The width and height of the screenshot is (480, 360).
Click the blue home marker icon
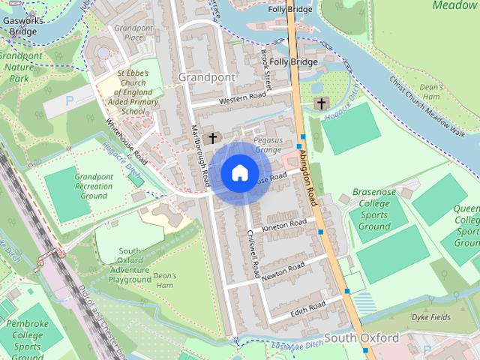pyautogui.click(x=239, y=172)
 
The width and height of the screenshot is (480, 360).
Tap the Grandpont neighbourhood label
pyautogui.click(x=206, y=76)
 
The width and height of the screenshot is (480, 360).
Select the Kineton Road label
pyautogui.click(x=283, y=223)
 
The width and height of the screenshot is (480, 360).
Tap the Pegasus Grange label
pyautogui.click(x=267, y=145)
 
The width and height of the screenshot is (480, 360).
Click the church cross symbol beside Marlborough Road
pyautogui.click(x=212, y=137)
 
